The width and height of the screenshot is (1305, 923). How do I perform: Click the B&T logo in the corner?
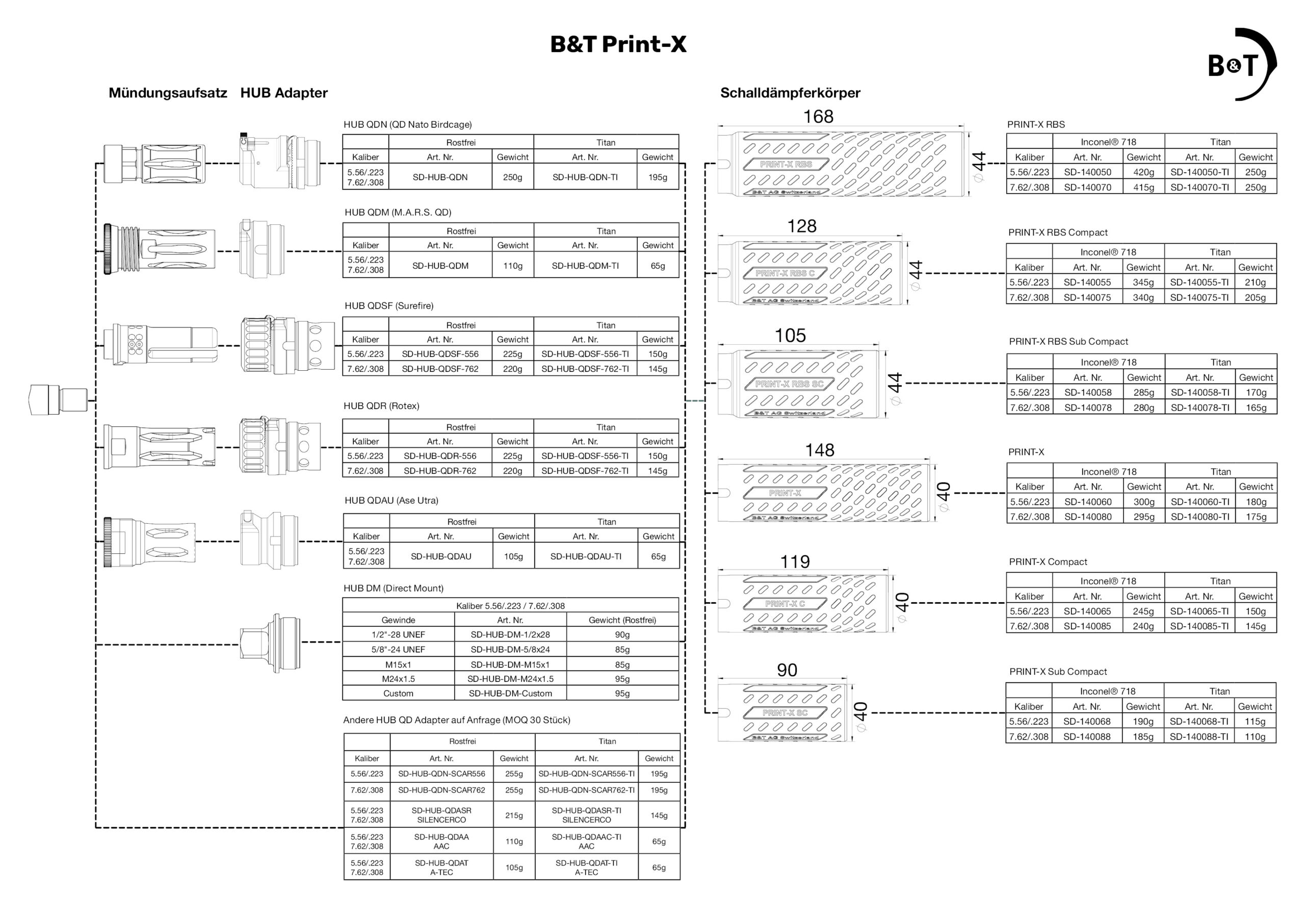[1242, 64]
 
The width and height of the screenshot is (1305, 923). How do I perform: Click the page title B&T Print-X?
[618, 44]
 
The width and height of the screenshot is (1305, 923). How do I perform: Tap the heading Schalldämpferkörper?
[790, 93]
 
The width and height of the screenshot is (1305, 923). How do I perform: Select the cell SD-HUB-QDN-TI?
[585, 177]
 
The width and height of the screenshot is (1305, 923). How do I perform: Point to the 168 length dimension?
[818, 117]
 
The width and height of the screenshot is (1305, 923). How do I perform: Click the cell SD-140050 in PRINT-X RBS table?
[1087, 172]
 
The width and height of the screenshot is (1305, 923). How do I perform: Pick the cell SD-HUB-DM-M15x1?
[510, 664]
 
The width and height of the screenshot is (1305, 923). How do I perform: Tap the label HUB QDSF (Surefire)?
[389, 306]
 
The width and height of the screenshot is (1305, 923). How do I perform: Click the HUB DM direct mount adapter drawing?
[270, 642]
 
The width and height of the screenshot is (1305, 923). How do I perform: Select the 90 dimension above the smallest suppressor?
[787, 670]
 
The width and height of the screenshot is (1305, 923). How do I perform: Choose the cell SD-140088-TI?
[1198, 736]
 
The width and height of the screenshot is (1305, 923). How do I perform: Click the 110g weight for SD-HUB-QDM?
[513, 266]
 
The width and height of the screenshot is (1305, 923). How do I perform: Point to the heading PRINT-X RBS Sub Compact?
[1068, 342]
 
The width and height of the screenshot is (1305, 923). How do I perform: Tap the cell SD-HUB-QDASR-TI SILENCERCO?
[586, 815]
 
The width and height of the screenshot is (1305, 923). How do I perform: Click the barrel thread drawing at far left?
[59, 400]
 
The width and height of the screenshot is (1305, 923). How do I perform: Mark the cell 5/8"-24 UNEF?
[398, 650]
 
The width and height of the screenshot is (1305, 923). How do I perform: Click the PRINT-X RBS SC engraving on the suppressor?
[789, 384]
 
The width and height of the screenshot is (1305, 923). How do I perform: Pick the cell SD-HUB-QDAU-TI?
[585, 556]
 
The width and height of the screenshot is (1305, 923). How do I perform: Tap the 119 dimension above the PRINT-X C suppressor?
[795, 562]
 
